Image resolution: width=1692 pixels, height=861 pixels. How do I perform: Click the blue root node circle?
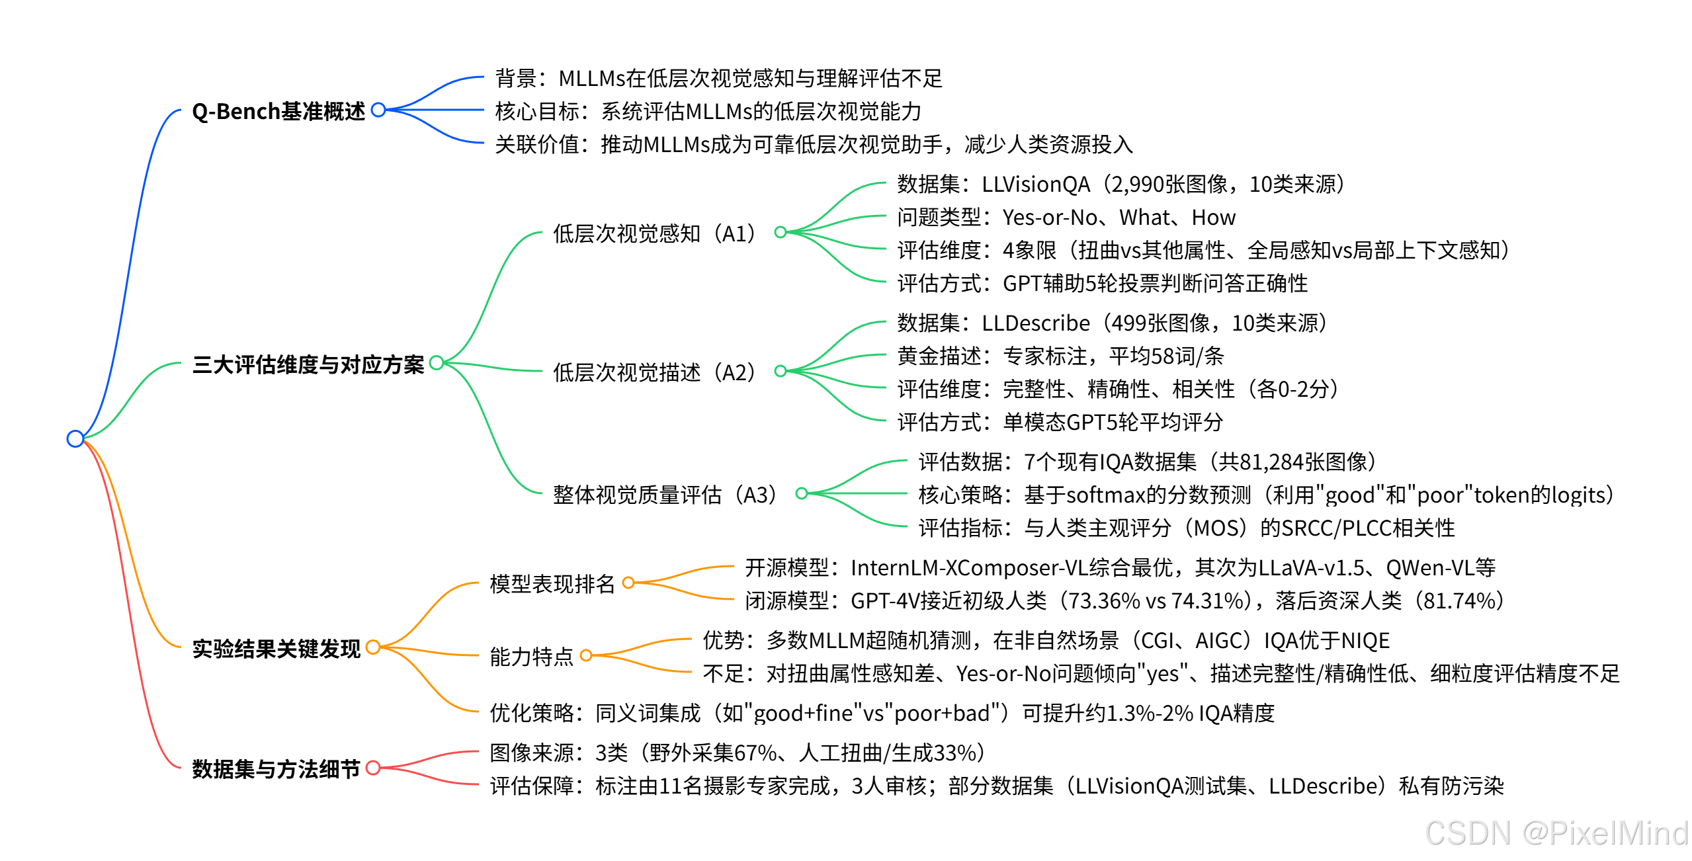[75, 438]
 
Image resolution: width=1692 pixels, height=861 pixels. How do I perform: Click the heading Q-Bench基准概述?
[278, 111]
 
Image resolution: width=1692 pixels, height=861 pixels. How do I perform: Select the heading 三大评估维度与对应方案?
[308, 364]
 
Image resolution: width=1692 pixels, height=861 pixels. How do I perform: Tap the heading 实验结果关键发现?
[276, 649]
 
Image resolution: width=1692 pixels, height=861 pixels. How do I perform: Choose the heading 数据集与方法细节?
[276, 769]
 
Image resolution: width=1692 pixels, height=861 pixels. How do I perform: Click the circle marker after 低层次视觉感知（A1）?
[781, 232]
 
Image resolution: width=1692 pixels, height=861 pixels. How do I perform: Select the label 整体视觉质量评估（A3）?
[665, 495]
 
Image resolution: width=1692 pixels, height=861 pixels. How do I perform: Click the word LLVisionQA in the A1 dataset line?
[1036, 184]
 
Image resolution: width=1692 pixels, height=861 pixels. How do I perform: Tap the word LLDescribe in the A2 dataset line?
[1036, 323]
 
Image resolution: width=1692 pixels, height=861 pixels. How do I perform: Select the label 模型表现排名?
[552, 584]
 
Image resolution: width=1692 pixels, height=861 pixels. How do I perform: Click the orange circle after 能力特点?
[585, 655]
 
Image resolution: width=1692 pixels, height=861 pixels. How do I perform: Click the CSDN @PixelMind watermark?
[1556, 833]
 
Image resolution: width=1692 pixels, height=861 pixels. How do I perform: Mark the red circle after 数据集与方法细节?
[373, 768]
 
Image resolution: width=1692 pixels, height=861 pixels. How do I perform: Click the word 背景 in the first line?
[516, 79]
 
